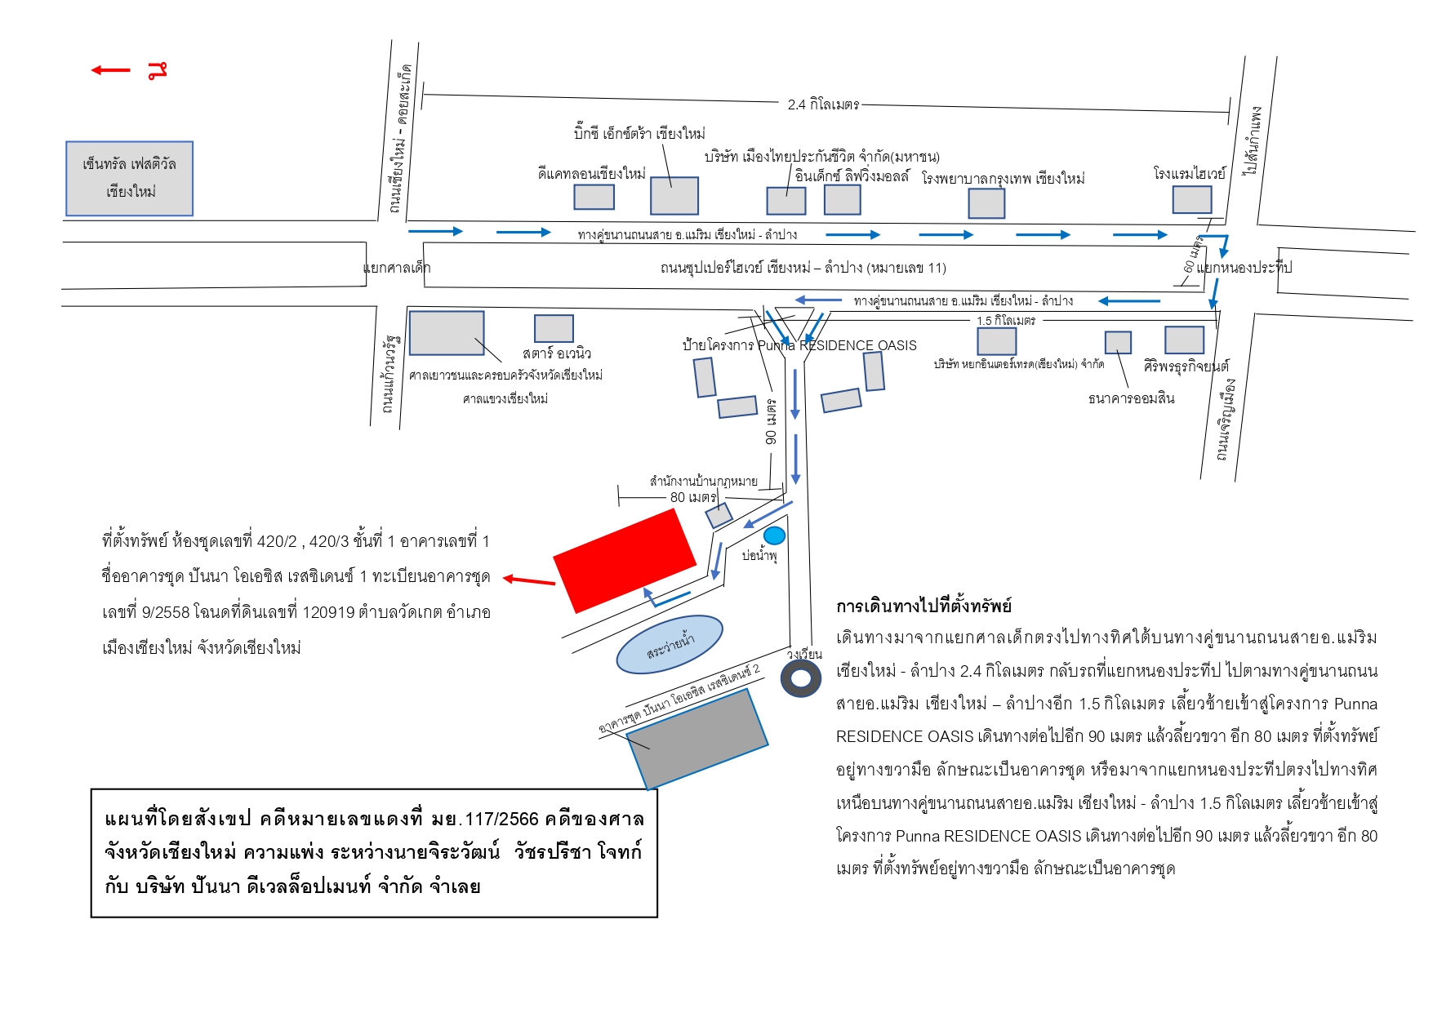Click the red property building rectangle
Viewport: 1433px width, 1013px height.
(625, 561)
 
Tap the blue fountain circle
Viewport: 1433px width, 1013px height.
(774, 535)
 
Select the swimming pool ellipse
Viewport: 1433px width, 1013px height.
(670, 644)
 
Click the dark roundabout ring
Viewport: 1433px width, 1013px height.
(801, 678)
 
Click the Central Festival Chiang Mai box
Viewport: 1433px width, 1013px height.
(129, 178)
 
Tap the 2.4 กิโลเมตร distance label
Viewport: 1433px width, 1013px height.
(823, 104)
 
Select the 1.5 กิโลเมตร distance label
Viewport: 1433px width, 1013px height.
(1006, 321)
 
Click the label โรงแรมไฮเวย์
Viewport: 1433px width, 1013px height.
(1189, 173)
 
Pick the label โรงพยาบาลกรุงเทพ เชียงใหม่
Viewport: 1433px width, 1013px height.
(1003, 178)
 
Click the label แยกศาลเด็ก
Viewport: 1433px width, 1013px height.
(397, 268)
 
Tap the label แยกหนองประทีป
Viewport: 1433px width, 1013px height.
(1244, 268)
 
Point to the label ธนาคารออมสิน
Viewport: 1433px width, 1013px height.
(1131, 398)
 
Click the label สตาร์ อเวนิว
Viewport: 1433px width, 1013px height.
(557, 353)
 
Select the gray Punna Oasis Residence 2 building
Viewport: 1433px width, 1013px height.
(697, 739)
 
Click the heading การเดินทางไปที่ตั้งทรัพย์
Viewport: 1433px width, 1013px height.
(923, 606)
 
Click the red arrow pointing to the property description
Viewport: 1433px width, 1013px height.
(529, 580)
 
